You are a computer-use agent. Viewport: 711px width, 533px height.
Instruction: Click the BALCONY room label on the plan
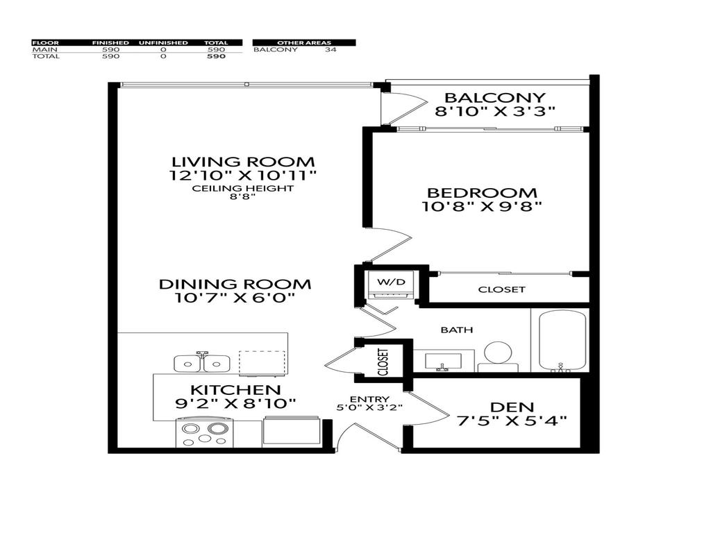[495, 98]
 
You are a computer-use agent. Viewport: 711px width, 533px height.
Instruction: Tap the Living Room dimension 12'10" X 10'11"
[242, 176]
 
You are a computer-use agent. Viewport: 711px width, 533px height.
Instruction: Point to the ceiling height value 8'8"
[243, 197]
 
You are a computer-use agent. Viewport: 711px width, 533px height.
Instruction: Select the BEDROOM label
[481, 193]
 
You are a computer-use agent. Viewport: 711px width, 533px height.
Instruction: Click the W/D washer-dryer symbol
[385, 283]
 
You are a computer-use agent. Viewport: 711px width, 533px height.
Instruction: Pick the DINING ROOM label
[235, 284]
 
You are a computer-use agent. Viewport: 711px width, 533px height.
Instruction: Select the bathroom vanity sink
[443, 359]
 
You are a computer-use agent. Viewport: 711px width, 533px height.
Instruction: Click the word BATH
[456, 330]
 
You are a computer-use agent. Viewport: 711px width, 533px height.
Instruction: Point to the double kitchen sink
[202, 362]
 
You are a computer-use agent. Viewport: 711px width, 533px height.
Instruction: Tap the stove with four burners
[204, 432]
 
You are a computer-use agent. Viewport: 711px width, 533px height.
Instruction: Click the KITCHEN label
[236, 390]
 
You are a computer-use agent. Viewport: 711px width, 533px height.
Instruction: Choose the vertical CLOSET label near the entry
[383, 361]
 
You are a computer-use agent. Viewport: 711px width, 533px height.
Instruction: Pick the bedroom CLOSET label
[501, 289]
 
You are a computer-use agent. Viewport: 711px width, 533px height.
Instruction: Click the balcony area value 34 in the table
[331, 50]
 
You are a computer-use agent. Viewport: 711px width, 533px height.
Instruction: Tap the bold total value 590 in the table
[217, 57]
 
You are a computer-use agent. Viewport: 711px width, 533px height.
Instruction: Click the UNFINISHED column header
[163, 43]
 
